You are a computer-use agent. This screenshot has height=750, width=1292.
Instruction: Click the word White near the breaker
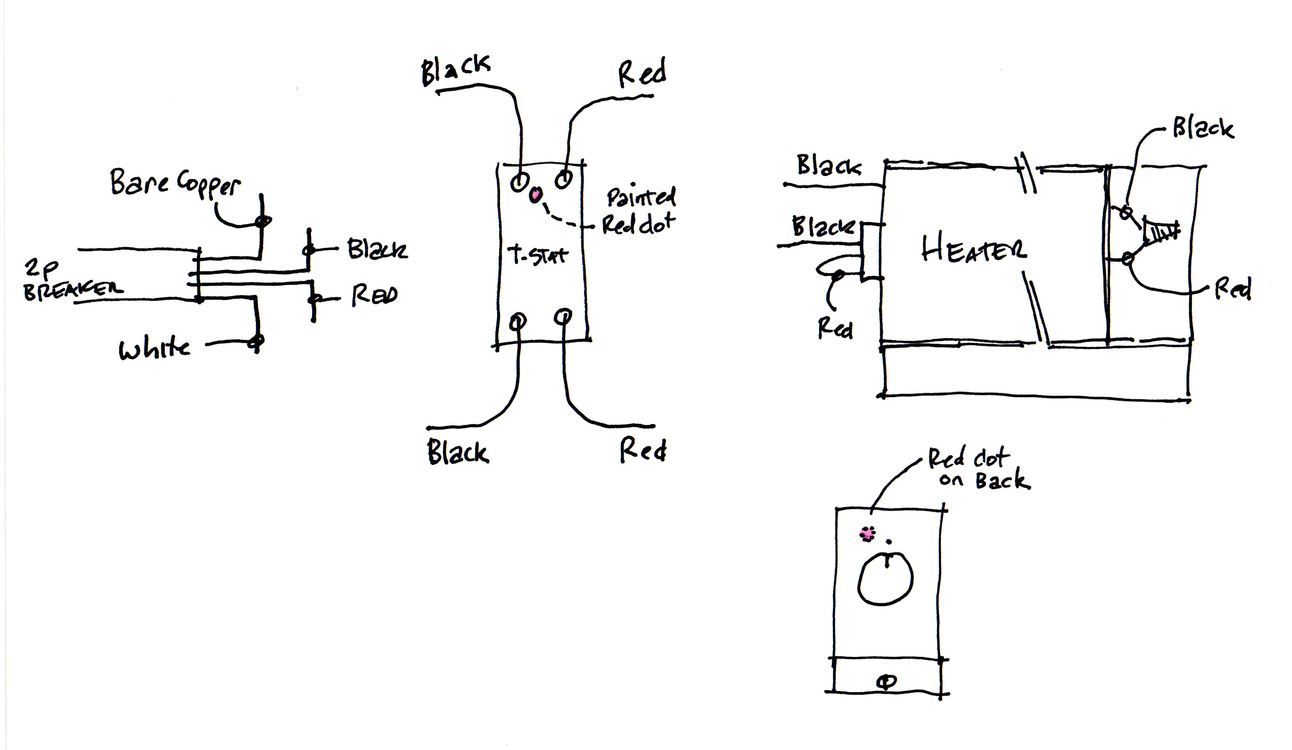[x=154, y=350]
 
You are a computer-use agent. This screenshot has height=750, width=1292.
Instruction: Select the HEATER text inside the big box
[x=974, y=251]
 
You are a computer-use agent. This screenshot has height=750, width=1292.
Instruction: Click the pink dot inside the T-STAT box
[x=536, y=195]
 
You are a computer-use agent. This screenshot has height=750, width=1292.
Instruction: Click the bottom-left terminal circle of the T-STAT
[x=518, y=322]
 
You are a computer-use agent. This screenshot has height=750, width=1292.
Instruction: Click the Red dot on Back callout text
[x=977, y=469]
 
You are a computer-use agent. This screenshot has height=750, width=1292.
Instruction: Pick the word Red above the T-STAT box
[x=642, y=73]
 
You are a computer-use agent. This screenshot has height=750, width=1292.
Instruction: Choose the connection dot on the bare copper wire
[x=263, y=221]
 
